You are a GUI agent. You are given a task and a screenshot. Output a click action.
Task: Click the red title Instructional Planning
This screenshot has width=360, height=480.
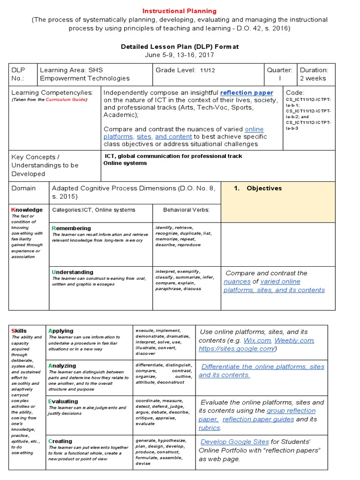click(x=180, y=11)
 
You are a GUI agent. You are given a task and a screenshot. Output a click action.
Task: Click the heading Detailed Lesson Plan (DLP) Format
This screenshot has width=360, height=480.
click(x=180, y=46)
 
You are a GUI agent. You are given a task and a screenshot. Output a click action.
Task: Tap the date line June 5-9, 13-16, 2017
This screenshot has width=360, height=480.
click(x=180, y=55)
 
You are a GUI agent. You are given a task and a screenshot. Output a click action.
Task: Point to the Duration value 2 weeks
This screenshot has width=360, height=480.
click(x=313, y=78)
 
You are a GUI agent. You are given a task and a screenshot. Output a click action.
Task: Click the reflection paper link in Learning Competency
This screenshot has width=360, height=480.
click(x=247, y=93)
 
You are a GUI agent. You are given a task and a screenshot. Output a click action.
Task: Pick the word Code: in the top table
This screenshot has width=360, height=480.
click(x=295, y=93)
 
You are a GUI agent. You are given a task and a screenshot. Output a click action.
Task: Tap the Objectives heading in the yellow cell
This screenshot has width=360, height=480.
click(x=264, y=188)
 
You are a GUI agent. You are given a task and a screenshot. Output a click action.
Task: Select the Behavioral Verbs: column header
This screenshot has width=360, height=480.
click(x=186, y=210)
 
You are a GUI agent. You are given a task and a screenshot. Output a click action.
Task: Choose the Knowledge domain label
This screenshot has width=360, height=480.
click(x=27, y=210)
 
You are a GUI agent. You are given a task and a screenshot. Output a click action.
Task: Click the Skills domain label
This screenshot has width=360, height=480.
click(x=19, y=331)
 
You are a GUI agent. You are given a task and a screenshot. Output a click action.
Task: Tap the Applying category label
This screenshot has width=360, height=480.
click(x=61, y=331)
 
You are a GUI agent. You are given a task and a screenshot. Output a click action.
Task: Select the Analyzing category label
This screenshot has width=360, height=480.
click(x=62, y=366)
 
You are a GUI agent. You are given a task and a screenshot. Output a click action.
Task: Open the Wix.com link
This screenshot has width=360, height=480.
click(x=257, y=340)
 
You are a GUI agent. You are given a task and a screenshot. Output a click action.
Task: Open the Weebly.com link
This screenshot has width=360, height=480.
click(x=294, y=340)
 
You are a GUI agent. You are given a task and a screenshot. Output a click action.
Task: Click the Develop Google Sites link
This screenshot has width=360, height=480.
click(x=234, y=442)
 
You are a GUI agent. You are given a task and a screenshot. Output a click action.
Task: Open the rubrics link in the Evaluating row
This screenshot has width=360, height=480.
click(x=209, y=427)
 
